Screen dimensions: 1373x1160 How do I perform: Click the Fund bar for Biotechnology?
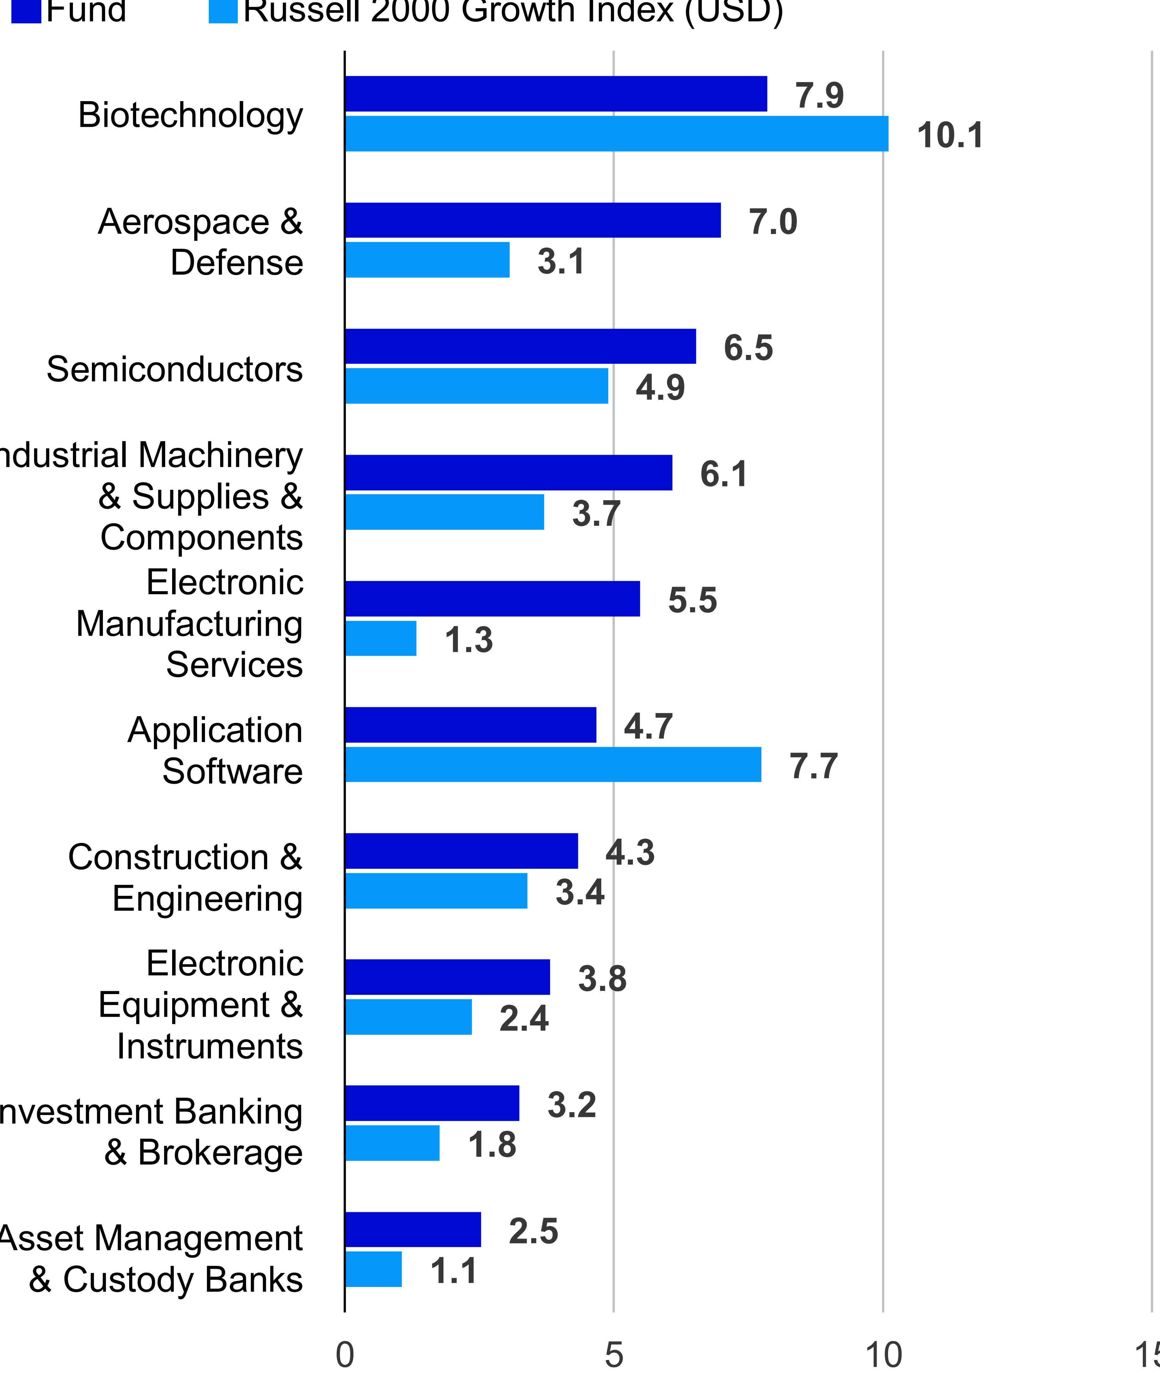coord(556,94)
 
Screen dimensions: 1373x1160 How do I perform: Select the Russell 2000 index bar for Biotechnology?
coord(616,134)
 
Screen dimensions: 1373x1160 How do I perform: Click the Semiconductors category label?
coord(174,369)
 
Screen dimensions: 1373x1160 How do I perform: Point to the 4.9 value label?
coord(659,387)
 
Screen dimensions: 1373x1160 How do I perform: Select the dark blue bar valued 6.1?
coord(508,473)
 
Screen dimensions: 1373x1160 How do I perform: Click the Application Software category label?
coord(215,750)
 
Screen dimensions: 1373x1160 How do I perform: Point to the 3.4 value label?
coord(579,892)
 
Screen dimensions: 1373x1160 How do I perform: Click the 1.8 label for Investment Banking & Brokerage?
coord(492,1145)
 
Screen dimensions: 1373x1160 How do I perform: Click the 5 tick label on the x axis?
coord(613,1355)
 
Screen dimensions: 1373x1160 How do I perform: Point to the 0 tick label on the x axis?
coord(345,1355)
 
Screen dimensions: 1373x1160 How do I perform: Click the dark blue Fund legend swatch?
coord(26,10)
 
